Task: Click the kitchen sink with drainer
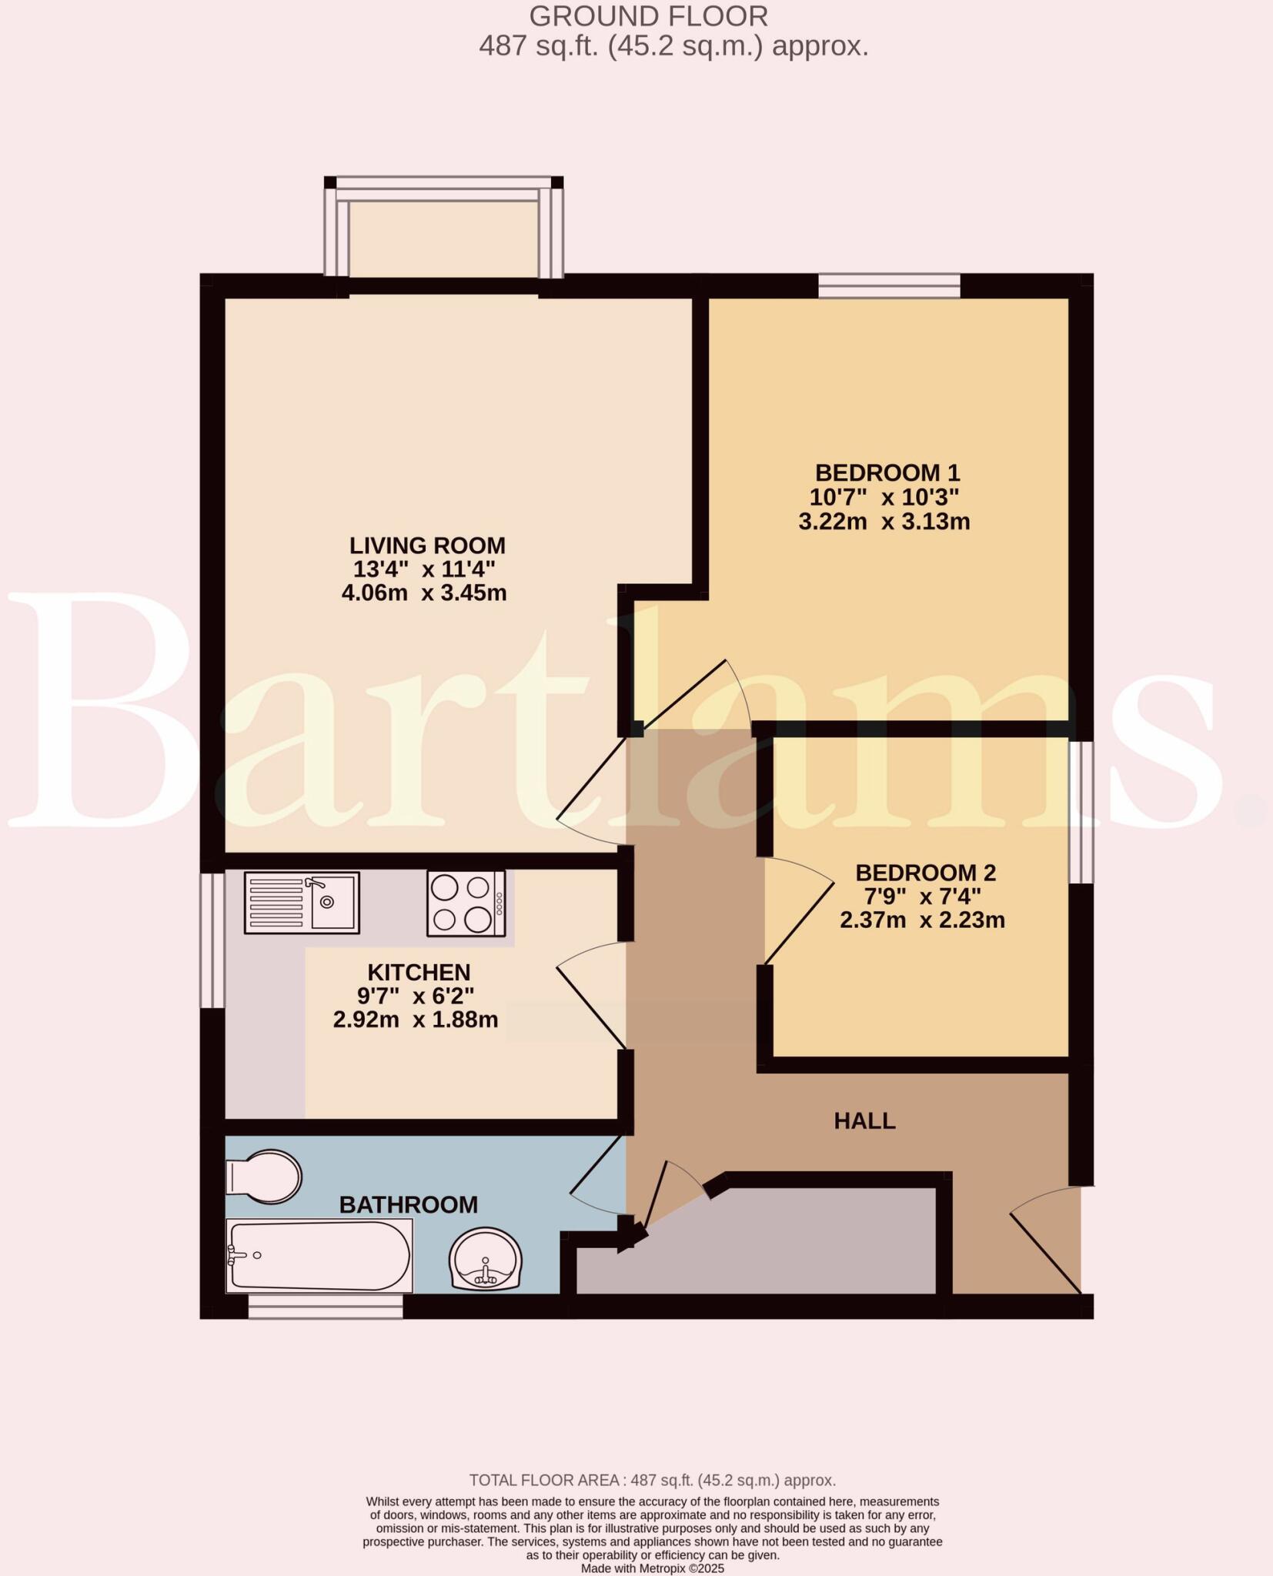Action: (x=302, y=903)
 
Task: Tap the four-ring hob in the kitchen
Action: (x=466, y=903)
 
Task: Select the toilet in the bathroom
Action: (x=264, y=1177)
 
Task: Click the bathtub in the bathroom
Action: (x=319, y=1255)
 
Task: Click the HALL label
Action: (x=864, y=1121)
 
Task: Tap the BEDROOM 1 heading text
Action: (x=887, y=472)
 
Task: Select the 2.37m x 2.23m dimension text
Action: (x=922, y=920)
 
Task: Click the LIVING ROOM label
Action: (x=427, y=546)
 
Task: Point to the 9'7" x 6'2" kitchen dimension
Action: (x=415, y=996)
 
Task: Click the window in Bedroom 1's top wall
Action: (x=889, y=286)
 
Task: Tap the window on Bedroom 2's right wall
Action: (x=1081, y=812)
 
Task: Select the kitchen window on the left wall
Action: (x=212, y=940)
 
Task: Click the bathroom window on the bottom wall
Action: (x=325, y=1306)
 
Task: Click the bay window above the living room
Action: (x=443, y=231)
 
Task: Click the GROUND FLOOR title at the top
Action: (x=648, y=16)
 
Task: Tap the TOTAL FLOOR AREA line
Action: (x=653, y=1480)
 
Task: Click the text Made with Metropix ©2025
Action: (x=653, y=1568)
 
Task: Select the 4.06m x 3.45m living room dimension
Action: (x=424, y=593)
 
